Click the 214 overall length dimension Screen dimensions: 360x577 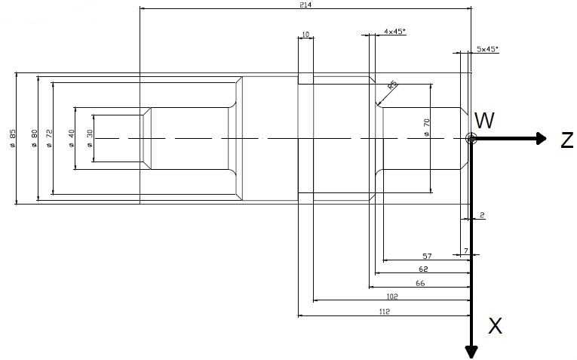305,5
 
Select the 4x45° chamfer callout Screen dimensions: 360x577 394,31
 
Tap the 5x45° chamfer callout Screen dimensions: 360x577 487,49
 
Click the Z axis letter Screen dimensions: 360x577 566,140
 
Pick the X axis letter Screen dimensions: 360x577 495,326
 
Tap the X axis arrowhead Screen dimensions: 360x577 471,351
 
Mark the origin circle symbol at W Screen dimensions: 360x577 471,138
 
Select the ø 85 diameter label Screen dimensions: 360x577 13,138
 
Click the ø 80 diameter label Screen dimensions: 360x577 34,138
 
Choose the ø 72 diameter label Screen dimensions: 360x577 49,138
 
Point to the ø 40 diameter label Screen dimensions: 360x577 72,138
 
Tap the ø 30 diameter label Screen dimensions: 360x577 90,138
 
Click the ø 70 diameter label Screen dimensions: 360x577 427,128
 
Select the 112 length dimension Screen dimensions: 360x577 384,311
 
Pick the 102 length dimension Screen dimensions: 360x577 391,297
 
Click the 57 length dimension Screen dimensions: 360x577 426,257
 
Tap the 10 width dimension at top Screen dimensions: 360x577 305,35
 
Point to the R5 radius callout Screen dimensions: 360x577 392,85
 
